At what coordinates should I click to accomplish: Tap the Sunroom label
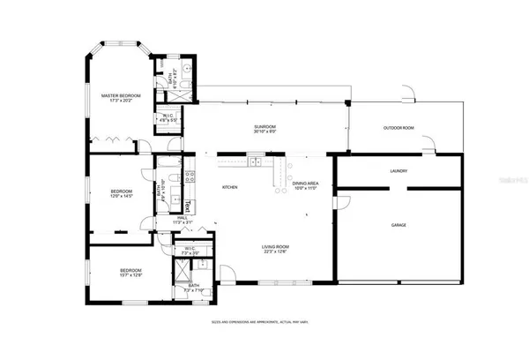coord(264,130)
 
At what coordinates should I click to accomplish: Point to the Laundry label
coord(398,171)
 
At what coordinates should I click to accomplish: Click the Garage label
coord(399,225)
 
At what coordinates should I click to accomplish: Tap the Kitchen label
coord(230,187)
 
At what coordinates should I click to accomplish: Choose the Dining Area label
coord(305,185)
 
